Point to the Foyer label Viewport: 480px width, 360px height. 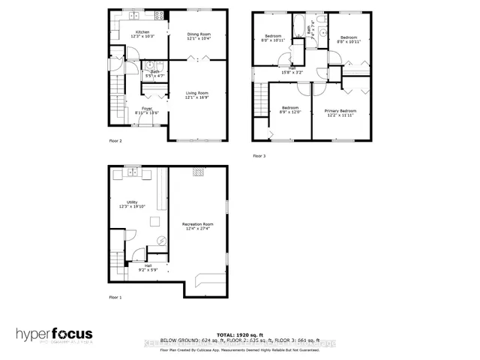147,109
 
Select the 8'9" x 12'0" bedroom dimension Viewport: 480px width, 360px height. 289,112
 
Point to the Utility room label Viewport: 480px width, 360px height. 131,202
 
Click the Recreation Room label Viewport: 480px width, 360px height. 199,223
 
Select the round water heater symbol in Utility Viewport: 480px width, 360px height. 160,241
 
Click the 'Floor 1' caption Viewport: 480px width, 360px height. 115,298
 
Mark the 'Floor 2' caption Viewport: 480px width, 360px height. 115,140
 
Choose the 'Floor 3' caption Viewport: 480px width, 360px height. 258,155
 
